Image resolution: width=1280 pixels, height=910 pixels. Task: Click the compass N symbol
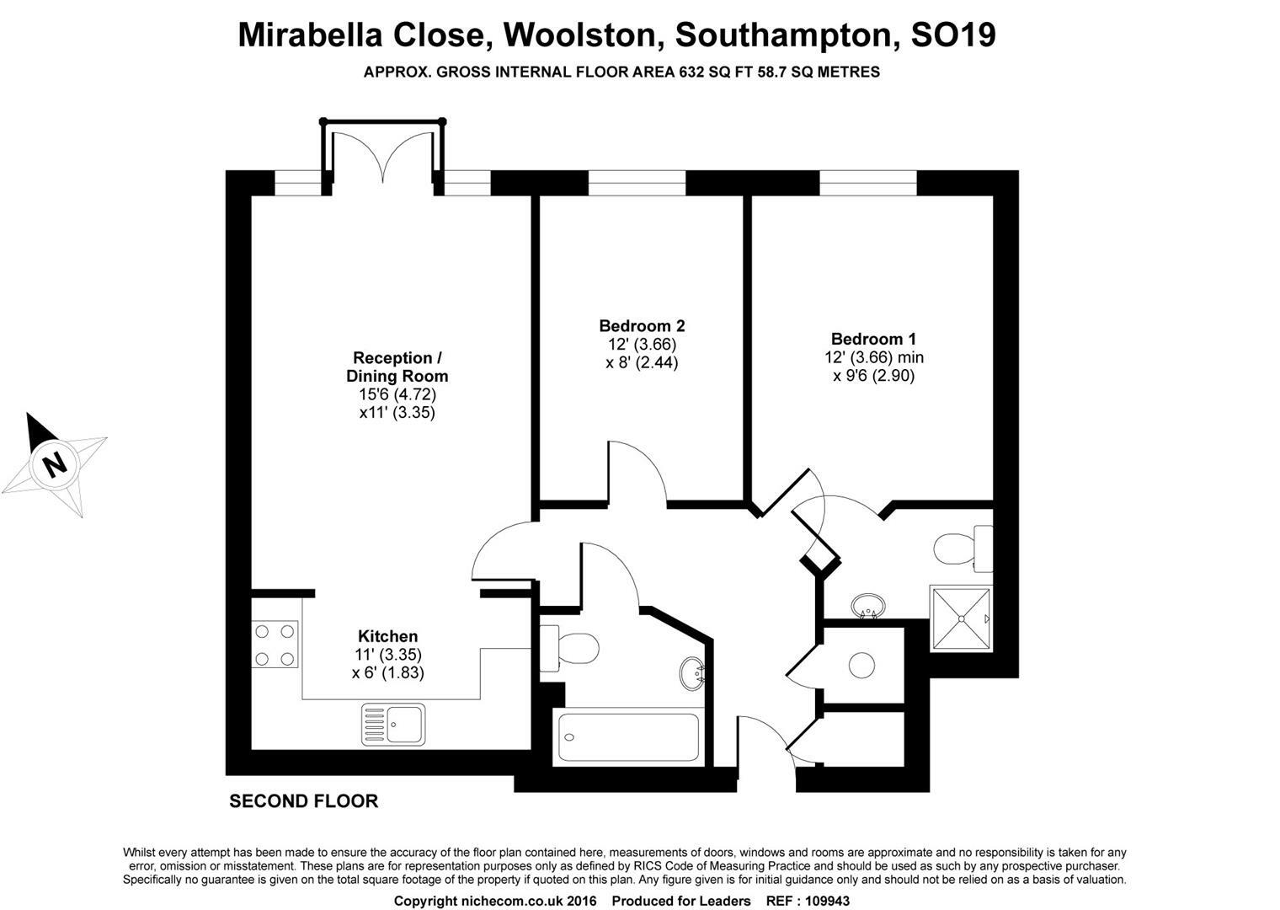click(x=54, y=464)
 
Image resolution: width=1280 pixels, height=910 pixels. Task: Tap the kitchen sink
click(x=394, y=725)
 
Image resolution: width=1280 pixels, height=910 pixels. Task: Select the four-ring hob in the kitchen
click(x=275, y=645)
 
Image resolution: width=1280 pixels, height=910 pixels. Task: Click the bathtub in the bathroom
click(x=628, y=736)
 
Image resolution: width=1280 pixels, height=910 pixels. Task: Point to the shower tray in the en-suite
click(x=961, y=618)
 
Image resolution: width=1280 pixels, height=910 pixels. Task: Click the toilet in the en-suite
click(x=963, y=549)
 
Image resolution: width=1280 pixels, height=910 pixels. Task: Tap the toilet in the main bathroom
click(x=569, y=648)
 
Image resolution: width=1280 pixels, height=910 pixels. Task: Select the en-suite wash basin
click(x=868, y=606)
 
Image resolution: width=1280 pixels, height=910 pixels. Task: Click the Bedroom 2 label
click(x=642, y=326)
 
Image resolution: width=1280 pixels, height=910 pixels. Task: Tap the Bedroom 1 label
click(x=874, y=339)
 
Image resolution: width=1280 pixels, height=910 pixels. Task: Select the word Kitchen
click(x=388, y=636)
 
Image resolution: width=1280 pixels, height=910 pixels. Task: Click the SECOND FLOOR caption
click(x=304, y=801)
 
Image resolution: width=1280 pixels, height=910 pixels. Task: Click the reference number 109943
click(x=828, y=902)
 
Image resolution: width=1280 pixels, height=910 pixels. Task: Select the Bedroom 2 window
click(x=637, y=183)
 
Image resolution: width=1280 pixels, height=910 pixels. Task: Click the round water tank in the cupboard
click(x=861, y=666)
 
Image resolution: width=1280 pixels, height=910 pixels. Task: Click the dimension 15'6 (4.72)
click(x=397, y=394)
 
